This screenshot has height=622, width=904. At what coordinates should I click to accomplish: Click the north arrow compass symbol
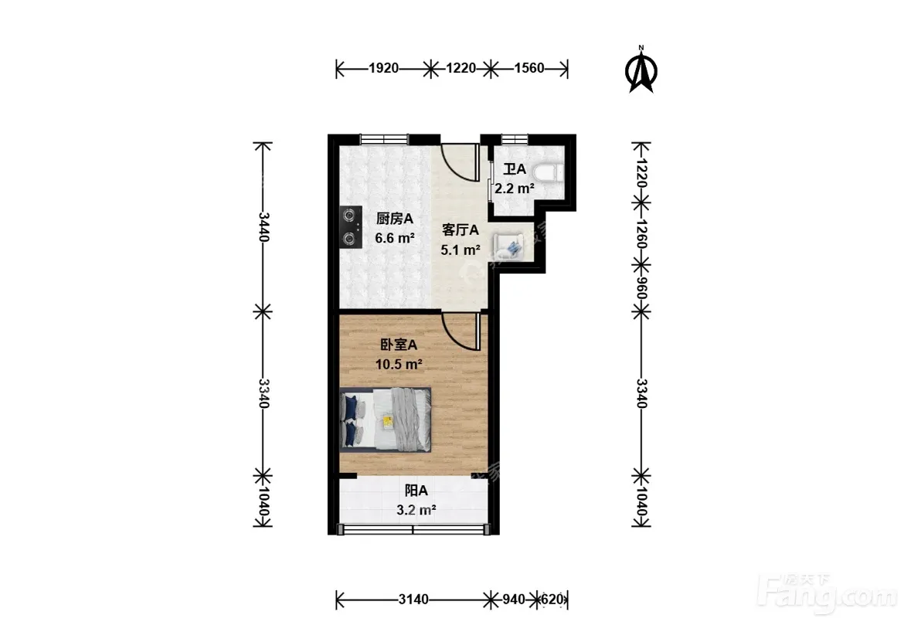click(x=641, y=70)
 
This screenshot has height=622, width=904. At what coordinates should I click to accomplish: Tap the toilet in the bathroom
click(x=547, y=172)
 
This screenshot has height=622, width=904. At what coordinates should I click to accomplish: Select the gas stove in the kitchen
click(x=351, y=227)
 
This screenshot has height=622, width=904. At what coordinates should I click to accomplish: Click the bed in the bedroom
click(x=386, y=420)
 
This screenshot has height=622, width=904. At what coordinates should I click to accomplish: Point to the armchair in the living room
click(x=509, y=246)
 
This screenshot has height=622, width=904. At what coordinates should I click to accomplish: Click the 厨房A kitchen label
click(x=394, y=219)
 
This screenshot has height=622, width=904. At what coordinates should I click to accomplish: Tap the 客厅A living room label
click(x=460, y=230)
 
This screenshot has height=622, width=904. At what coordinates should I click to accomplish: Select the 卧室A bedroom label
click(x=399, y=345)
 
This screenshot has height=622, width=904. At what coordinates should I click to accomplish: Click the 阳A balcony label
click(x=416, y=491)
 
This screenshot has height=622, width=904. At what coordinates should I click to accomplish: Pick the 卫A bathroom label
click(x=515, y=169)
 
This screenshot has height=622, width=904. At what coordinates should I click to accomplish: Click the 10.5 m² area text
click(x=399, y=365)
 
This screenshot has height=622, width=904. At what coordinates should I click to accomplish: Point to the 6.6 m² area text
click(x=395, y=237)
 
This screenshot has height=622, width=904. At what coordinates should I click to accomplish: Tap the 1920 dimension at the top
click(x=383, y=68)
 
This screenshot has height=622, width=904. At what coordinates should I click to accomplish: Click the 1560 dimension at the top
click(x=528, y=68)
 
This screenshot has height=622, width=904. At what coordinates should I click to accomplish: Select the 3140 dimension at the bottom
click(x=413, y=600)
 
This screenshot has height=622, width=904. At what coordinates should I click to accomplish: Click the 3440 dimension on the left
click(x=263, y=227)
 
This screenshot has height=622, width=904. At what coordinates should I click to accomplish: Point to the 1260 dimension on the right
click(x=641, y=234)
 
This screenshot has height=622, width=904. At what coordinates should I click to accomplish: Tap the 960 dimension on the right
click(x=641, y=288)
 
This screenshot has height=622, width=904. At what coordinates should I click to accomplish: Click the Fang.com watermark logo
click(x=828, y=593)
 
